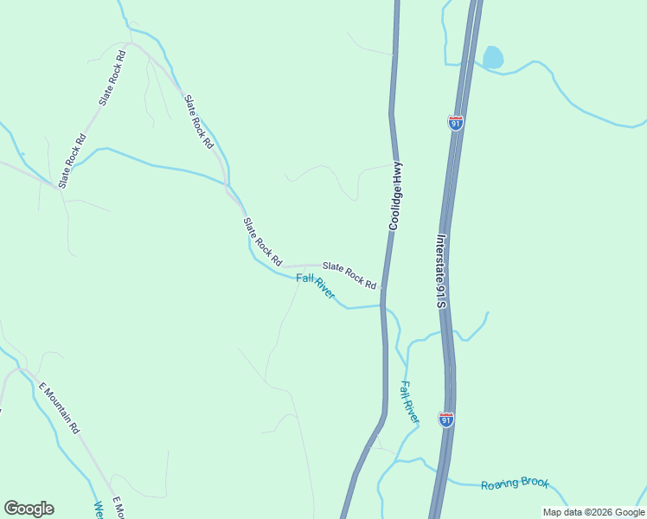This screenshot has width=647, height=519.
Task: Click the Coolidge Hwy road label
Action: coord(395,196)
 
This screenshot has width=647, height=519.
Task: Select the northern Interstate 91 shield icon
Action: coord(456,123)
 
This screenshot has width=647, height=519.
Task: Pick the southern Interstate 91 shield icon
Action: coord(445,420)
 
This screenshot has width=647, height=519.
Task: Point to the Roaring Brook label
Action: coord(515,484)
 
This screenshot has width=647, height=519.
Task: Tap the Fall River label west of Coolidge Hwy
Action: coord(315,285)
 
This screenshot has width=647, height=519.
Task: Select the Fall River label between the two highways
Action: coord(409,401)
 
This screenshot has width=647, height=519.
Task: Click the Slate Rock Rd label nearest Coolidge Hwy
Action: coord(349,275)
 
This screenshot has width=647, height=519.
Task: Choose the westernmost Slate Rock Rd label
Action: coord(72,161)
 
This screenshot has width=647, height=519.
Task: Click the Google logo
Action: coord(29,509)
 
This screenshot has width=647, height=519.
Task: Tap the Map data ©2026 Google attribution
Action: coord(593,512)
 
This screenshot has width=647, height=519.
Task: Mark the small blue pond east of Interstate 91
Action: coord(492,58)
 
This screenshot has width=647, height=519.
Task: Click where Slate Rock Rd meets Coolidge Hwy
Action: coord(383,288)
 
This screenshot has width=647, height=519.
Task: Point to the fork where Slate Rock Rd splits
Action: coord(130,43)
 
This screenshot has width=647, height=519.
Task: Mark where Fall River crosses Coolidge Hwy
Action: coord(382,304)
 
